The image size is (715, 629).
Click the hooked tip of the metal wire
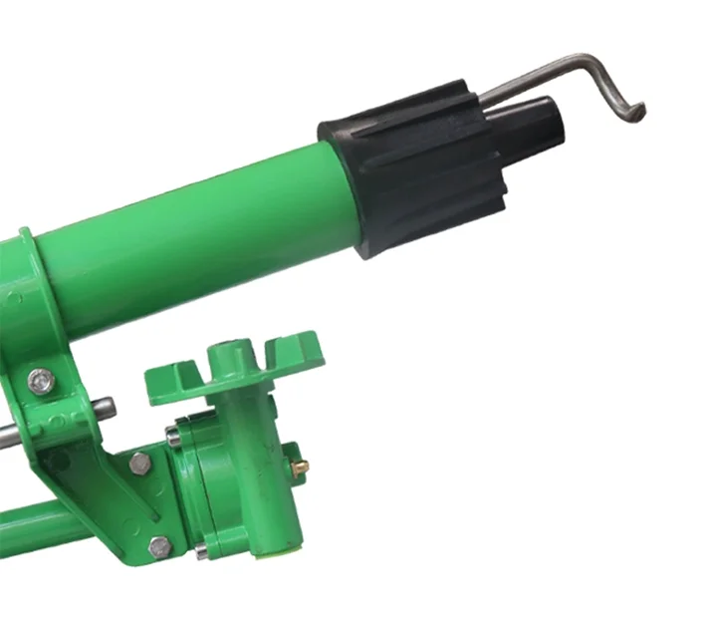637,113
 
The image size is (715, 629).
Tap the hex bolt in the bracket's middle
139,463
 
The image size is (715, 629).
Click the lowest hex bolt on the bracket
159,546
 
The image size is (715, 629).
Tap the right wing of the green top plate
289,354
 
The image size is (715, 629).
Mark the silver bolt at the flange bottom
201,550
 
